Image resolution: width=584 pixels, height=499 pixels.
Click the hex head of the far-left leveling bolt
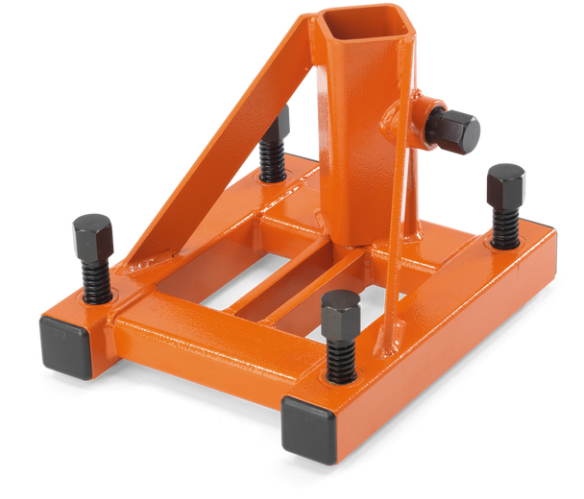coord(92,233)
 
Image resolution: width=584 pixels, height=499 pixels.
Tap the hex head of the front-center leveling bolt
coord(341,312)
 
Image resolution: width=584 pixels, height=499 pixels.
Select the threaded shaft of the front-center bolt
coord(340,359)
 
